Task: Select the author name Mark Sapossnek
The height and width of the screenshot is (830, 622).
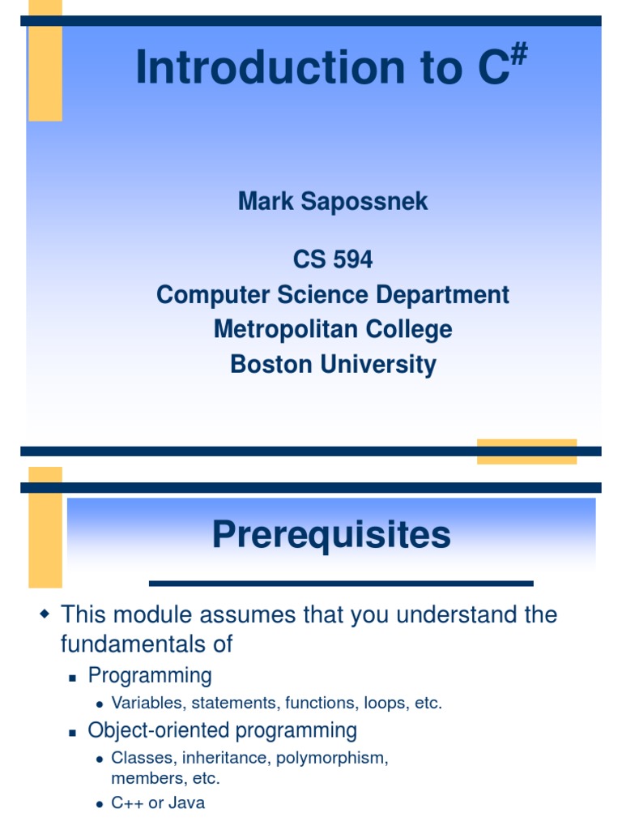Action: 333,202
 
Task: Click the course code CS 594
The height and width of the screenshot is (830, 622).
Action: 333,259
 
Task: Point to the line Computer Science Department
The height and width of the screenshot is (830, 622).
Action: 333,294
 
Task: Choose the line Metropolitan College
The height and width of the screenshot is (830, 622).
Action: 333,329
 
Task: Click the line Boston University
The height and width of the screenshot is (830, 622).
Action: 333,364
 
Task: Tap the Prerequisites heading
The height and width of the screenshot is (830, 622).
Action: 331,535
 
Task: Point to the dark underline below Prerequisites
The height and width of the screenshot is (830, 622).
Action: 341,583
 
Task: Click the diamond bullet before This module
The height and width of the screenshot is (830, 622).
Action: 45,615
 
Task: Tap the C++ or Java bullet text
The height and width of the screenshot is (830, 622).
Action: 158,803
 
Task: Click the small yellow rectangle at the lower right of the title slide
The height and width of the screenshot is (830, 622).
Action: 526,451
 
